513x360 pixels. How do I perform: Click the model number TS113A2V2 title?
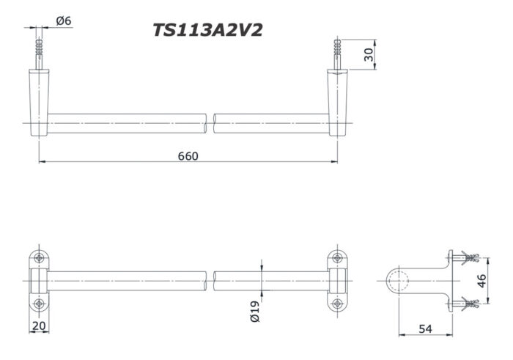click(x=207, y=30)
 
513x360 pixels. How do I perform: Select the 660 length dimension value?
click(x=188, y=156)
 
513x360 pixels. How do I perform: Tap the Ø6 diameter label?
click(x=64, y=21)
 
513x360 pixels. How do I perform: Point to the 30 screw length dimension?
click(x=369, y=54)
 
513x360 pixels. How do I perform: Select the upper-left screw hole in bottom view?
click(x=39, y=257)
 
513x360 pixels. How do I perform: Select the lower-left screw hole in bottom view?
click(x=39, y=304)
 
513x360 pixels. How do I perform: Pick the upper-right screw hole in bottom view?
click(x=337, y=257)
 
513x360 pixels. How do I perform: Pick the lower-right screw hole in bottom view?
click(x=337, y=304)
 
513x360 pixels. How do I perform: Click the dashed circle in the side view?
click(x=398, y=280)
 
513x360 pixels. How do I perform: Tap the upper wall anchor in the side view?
click(x=465, y=257)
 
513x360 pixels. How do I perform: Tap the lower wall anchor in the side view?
click(x=465, y=303)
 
